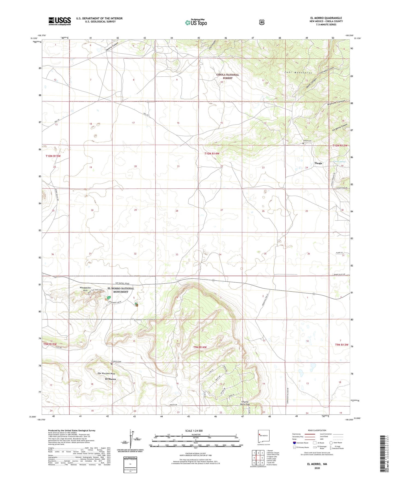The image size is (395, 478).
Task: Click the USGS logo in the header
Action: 60,21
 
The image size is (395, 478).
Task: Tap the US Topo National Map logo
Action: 196,22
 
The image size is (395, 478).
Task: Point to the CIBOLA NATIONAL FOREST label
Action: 227,76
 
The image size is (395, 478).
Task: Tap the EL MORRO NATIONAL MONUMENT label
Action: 121,290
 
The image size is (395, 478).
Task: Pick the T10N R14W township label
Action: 212,154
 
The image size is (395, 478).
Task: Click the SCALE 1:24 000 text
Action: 194,431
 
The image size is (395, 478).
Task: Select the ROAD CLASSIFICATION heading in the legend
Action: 317,430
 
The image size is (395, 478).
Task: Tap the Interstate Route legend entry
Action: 302,443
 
